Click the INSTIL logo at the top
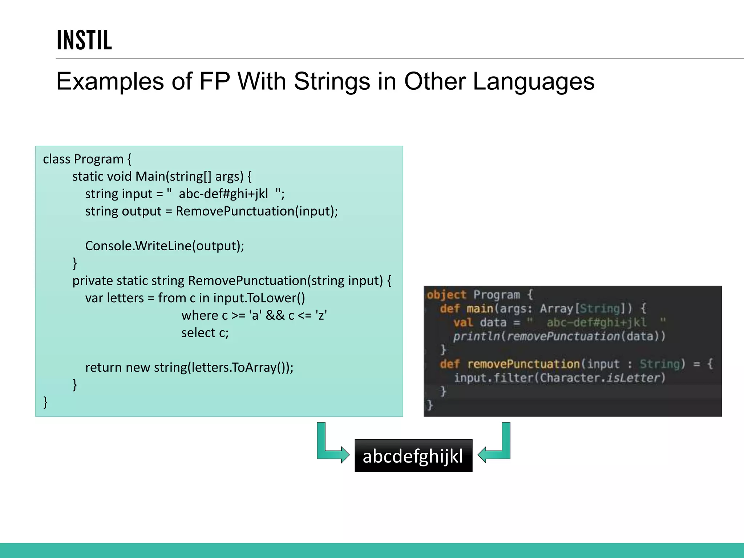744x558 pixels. [84, 40]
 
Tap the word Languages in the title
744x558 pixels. [533, 81]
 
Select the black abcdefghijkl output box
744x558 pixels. [413, 456]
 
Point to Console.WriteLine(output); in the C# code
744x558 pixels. [164, 246]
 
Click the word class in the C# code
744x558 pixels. [56, 159]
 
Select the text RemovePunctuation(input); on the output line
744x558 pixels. [256, 211]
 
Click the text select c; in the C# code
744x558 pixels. [205, 333]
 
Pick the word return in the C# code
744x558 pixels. [103, 368]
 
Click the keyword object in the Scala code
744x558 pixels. [446, 295]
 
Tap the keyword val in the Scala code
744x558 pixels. [463, 323]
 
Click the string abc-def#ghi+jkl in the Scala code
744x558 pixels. [596, 323]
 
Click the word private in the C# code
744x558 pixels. [92, 281]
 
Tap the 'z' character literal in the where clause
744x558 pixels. [321, 315]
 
